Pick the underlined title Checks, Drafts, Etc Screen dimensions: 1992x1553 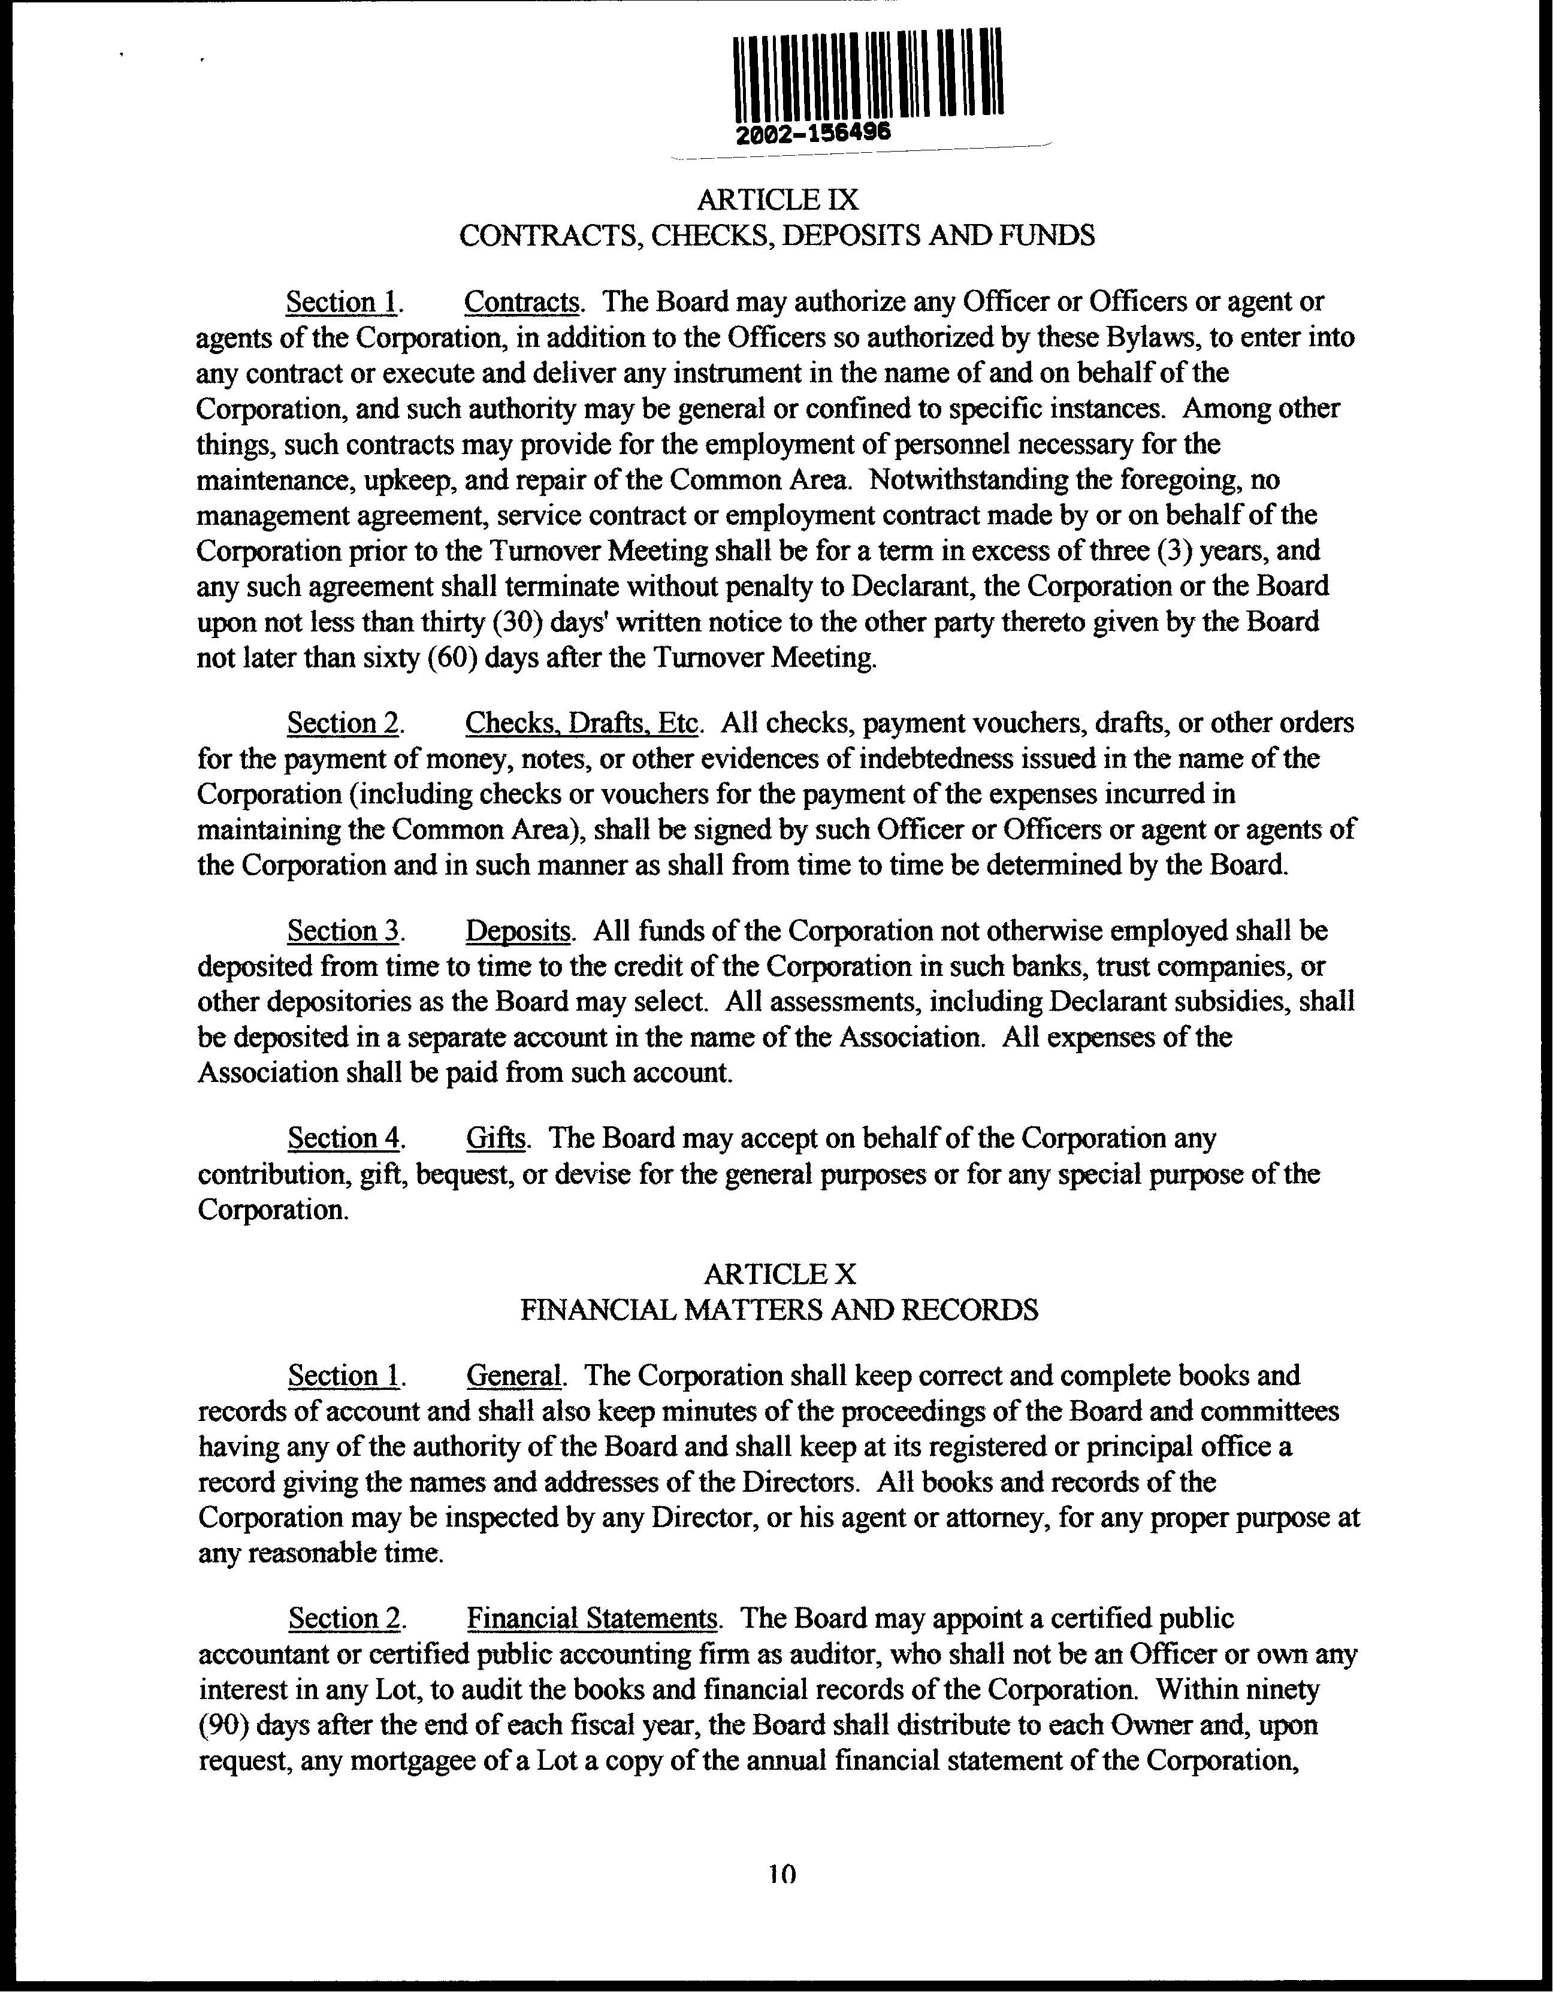(x=581, y=723)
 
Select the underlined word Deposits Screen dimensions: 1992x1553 (x=518, y=930)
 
